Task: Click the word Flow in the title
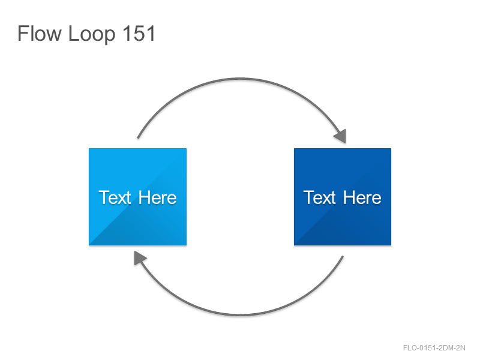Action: coord(40,33)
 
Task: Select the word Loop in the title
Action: coord(92,35)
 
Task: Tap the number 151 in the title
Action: coord(139,33)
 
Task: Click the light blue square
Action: coord(138,197)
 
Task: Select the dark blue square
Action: coord(343,197)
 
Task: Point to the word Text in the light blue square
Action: coord(115,197)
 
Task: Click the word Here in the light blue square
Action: coord(157,197)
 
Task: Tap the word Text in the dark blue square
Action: coord(320,197)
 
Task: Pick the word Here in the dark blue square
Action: coord(362,197)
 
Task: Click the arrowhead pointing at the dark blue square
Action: coord(341,136)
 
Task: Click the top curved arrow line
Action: coord(241,79)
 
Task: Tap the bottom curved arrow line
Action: coord(241,314)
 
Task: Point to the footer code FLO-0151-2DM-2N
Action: coord(434,348)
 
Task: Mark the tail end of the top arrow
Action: coord(138,138)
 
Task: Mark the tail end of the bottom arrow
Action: coord(343,257)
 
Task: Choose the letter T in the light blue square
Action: coord(104,197)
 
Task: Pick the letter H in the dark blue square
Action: coord(349,197)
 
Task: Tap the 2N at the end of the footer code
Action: coord(461,348)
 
